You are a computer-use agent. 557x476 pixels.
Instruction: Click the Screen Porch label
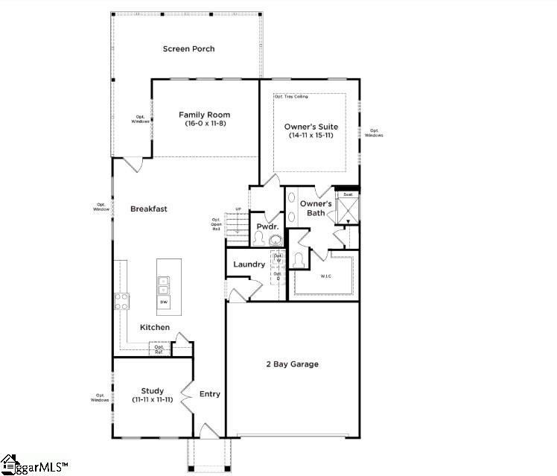[x=188, y=49]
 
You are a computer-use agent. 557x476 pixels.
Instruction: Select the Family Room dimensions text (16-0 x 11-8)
[x=205, y=124]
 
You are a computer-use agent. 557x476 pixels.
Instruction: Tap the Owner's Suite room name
[x=310, y=127]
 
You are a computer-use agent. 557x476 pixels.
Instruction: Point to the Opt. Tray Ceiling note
[x=291, y=97]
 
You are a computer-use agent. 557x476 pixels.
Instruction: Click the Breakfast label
[x=149, y=209]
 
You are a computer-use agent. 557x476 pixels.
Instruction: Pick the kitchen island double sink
[x=163, y=285]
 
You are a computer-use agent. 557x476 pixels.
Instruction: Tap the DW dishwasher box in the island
[x=163, y=303]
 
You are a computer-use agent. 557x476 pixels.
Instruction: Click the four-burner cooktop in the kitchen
[x=121, y=301]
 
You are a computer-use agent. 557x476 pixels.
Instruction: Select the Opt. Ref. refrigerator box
[x=159, y=349]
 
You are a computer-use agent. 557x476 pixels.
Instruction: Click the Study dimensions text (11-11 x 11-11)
[x=152, y=400]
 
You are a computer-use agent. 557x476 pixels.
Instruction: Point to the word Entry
[x=210, y=394]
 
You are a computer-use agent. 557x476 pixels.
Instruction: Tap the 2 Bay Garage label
[x=293, y=364]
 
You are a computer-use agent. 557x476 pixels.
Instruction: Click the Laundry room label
[x=249, y=264]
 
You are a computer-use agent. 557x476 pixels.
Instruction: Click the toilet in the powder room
[x=258, y=238]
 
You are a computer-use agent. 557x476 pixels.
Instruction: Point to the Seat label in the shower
[x=347, y=194]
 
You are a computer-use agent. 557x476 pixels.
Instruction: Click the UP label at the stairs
[x=238, y=209]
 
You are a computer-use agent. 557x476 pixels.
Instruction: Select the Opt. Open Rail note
[x=217, y=223]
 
